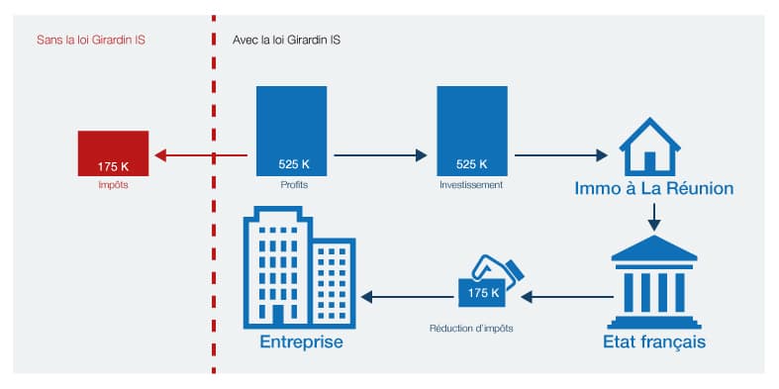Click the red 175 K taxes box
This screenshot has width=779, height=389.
coord(113,153)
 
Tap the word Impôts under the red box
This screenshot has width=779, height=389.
coord(113,185)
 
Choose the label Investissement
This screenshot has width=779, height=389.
coord(472,185)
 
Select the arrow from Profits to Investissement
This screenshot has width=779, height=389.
coord(381,155)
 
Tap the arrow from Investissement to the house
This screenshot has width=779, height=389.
coord(560,155)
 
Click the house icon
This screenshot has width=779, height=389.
coord(650,146)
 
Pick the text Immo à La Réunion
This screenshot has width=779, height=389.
coord(654,188)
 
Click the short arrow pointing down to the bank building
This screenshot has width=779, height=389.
coord(653,218)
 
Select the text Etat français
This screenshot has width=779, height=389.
coord(653,342)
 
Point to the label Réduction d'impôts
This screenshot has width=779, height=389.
coord(471,327)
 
